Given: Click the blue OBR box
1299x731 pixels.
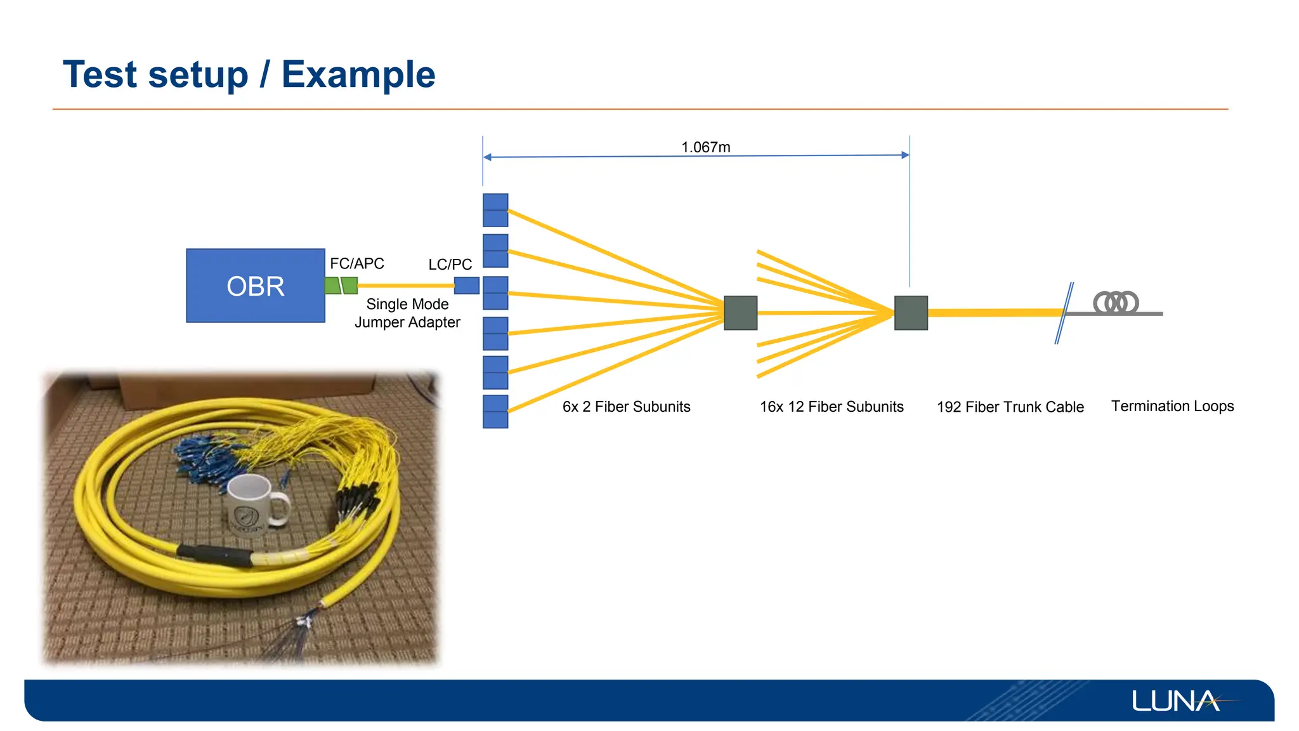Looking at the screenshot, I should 255,286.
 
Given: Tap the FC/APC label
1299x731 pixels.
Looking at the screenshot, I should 356,263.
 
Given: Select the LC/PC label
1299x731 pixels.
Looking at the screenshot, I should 450,265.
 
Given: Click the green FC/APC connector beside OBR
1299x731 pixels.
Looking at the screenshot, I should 341,286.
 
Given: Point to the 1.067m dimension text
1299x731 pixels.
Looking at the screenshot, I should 705,147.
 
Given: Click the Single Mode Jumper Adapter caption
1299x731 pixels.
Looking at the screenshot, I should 407,313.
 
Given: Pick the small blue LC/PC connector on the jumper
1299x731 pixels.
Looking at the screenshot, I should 466,286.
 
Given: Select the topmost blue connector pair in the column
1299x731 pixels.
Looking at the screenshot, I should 495,210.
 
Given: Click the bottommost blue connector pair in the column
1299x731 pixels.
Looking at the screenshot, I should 495,411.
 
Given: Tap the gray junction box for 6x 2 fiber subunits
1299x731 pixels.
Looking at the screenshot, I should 740,313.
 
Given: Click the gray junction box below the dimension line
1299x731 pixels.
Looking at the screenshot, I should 911,313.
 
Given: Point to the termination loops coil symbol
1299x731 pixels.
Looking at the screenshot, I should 1116,303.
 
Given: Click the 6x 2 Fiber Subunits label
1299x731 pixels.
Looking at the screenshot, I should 626,407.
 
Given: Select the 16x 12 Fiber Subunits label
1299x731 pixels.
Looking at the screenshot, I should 832,407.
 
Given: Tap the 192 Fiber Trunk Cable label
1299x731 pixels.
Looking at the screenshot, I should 1010,407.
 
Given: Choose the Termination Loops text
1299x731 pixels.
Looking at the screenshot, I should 1172,406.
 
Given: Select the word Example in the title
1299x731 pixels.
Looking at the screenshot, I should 358,74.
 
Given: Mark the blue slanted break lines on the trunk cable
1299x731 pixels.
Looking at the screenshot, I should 1064,313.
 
